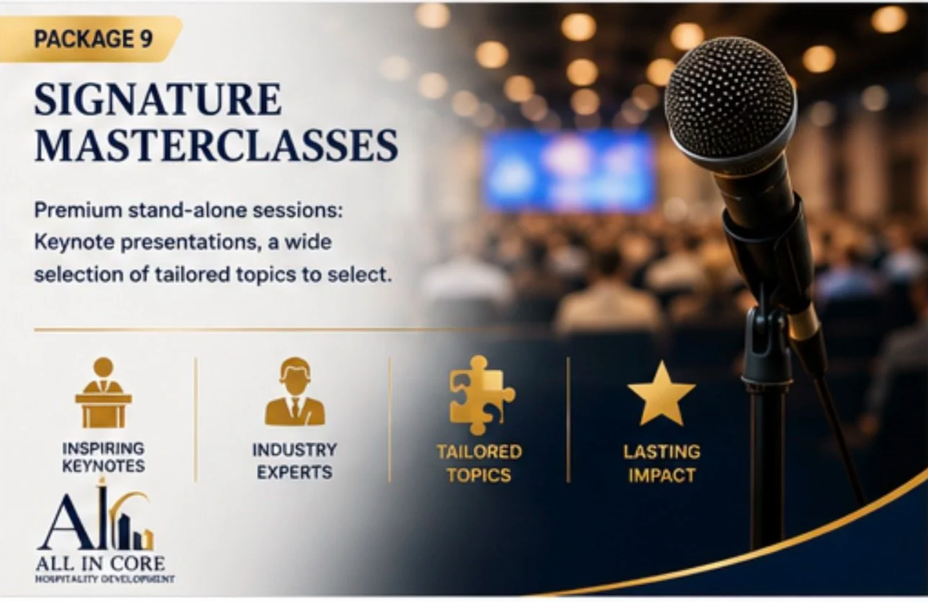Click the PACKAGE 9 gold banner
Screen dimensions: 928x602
click(91, 39)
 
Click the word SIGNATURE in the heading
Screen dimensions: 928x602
click(158, 100)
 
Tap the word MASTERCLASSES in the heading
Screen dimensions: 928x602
click(216, 146)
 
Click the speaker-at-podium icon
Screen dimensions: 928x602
click(103, 393)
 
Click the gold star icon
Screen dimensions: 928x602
click(661, 395)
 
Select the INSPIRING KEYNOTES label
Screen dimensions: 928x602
click(103, 457)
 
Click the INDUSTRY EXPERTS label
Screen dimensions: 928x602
click(295, 461)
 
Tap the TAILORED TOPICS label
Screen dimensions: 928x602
click(480, 463)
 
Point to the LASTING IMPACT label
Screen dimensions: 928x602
click(662, 463)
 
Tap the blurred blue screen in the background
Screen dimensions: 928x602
click(570, 170)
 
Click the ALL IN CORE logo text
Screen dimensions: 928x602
click(100, 564)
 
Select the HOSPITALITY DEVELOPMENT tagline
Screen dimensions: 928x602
click(104, 579)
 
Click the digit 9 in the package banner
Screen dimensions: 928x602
click(146, 39)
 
